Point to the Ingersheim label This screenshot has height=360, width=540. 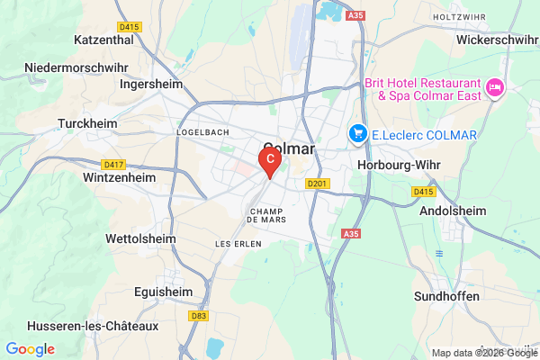tap(151, 84)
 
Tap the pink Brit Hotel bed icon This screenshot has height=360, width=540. tap(494, 88)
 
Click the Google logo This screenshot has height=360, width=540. tap(30, 349)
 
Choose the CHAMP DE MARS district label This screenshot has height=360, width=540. tap(266, 217)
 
